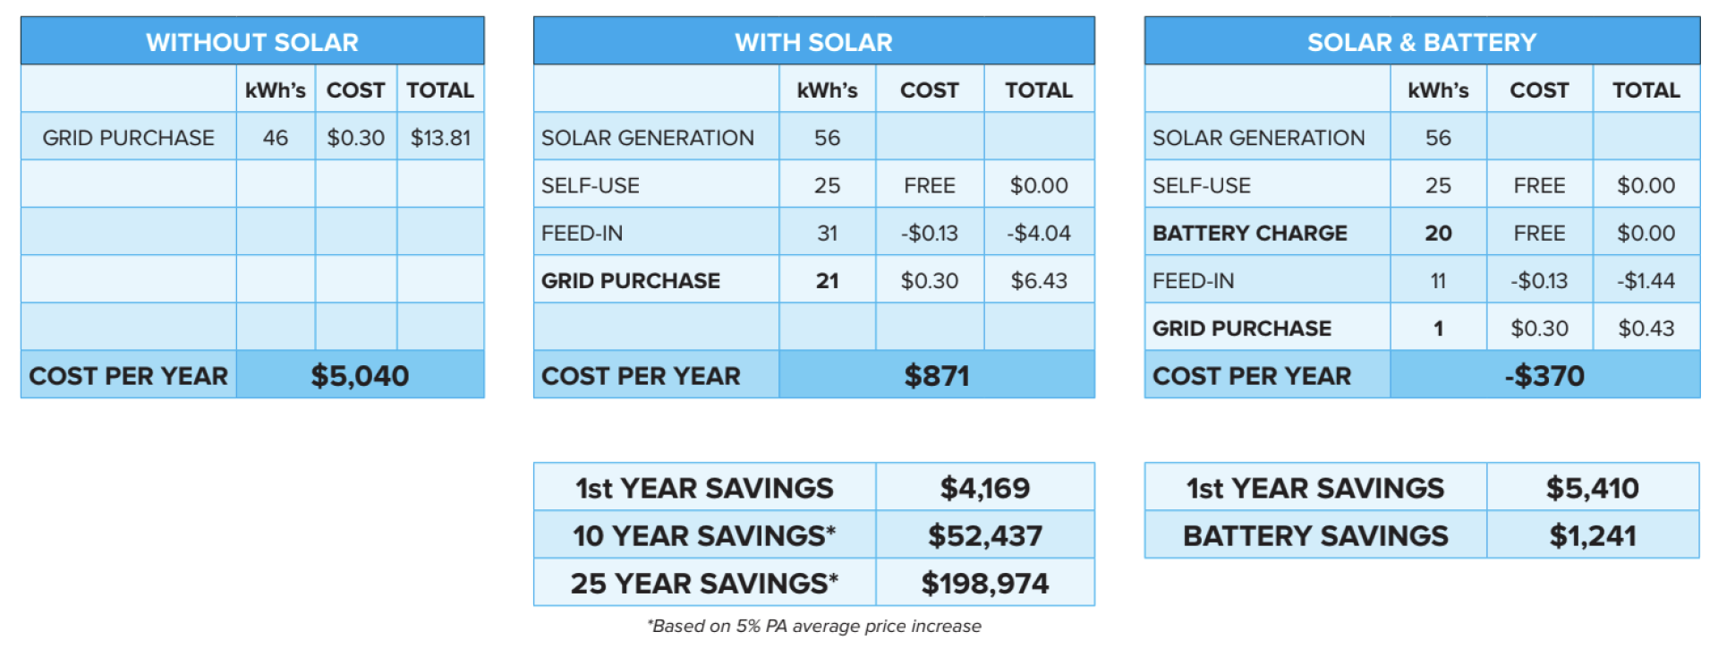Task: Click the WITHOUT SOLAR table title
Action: click(x=252, y=42)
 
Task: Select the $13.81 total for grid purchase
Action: click(x=440, y=138)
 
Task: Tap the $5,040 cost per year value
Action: click(x=360, y=375)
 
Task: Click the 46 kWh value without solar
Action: click(x=276, y=138)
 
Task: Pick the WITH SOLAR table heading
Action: click(x=813, y=42)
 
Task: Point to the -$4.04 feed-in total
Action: click(x=1039, y=233)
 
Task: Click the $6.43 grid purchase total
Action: click(x=1039, y=280)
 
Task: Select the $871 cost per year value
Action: click(x=936, y=375)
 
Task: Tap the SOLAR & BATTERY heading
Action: click(x=1421, y=42)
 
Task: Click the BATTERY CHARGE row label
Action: click(x=1249, y=233)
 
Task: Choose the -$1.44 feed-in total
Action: click(x=1646, y=280)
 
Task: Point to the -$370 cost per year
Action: click(x=1544, y=375)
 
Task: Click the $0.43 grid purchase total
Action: click(x=1646, y=329)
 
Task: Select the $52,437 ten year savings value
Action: click(x=984, y=535)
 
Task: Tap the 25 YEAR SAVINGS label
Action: click(x=704, y=583)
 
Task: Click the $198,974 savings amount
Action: click(x=984, y=583)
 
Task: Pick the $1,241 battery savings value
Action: click(x=1593, y=535)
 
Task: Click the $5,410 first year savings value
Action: click(x=1593, y=488)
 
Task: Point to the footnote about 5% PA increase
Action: click(x=813, y=626)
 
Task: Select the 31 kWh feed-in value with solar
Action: click(x=827, y=233)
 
